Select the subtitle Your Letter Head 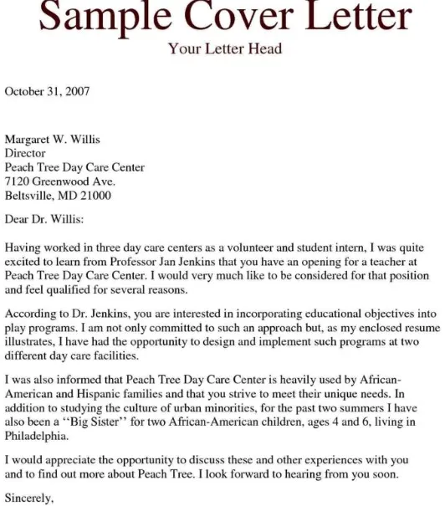225,49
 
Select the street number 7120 18,181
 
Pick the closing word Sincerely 29,499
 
